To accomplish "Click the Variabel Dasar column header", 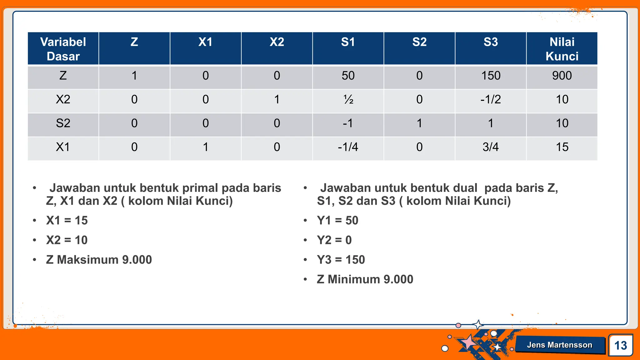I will pos(63,49).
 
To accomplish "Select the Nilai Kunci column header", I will pos(562,49).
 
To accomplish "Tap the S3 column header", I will pos(490,42).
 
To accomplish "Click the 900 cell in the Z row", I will pos(562,76).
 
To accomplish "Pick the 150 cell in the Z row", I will pos(490,76).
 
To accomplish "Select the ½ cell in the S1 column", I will pos(348,100).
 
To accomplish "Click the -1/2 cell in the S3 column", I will pos(490,100).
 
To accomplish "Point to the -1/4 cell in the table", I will pos(348,147).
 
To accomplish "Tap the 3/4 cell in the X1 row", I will pos(490,147).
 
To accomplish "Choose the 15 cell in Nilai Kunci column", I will pos(562,147).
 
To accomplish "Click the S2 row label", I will pos(63,123).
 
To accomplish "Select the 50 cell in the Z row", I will pos(348,76).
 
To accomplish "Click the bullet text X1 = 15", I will pos(67,221).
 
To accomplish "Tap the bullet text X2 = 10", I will pos(67,240).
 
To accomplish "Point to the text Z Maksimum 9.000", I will pos(99,260).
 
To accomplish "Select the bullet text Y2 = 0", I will pos(334,240).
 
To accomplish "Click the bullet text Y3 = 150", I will pos(341,260).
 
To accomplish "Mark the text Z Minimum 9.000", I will pos(365,279).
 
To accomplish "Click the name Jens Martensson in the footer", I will pos(559,345).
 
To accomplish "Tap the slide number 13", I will pos(620,346).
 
